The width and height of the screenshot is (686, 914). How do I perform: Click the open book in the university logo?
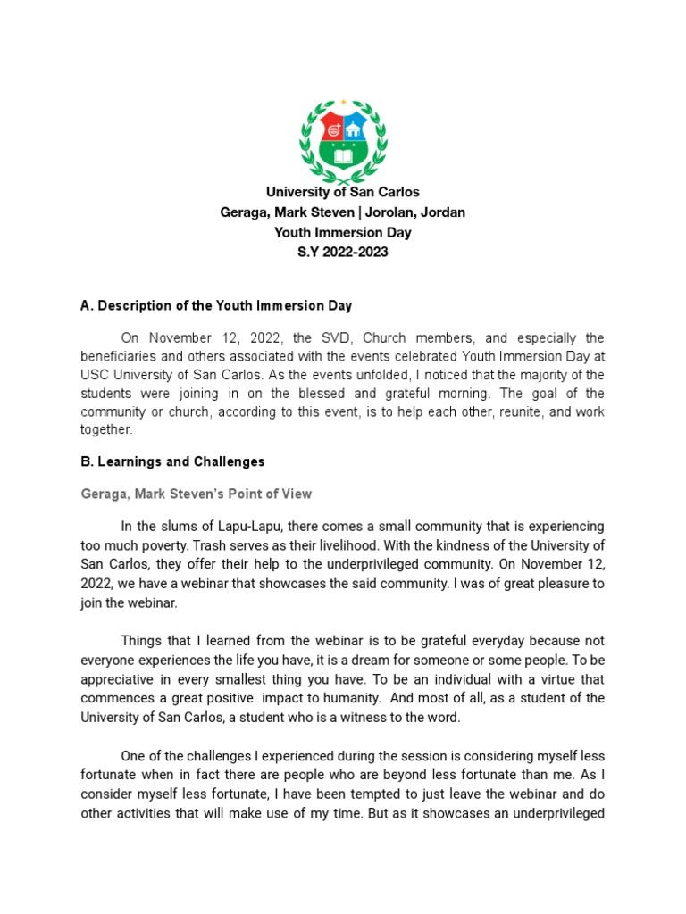(343, 158)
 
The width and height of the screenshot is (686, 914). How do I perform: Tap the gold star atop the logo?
(343, 102)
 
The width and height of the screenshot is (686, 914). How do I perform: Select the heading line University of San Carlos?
(343, 192)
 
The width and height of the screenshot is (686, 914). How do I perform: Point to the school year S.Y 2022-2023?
(343, 253)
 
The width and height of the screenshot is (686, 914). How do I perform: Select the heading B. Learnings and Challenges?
(172, 461)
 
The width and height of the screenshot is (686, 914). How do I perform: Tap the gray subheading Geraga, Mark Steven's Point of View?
(196, 494)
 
